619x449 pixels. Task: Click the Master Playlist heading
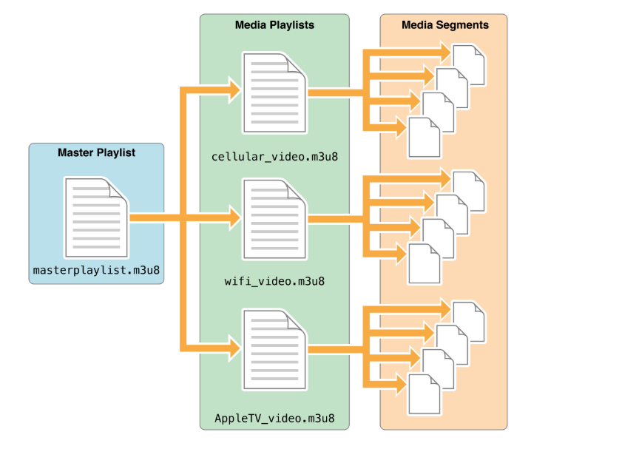click(x=96, y=153)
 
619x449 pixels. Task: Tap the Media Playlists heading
click(x=274, y=25)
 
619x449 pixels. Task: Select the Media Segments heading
click(x=444, y=25)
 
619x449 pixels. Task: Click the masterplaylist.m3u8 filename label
click(x=96, y=271)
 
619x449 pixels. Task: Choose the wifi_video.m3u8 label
click(x=274, y=281)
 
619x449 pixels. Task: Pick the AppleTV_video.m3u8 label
click(x=274, y=418)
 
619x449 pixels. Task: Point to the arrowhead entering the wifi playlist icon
click(x=233, y=218)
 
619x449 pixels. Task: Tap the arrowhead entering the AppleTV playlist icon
click(x=233, y=347)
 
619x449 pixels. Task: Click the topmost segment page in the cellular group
click(x=469, y=65)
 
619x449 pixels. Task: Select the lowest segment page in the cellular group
click(x=424, y=138)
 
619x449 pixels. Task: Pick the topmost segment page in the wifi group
click(x=469, y=191)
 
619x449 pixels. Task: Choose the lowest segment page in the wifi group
click(x=424, y=263)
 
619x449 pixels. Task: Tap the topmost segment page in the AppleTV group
click(x=469, y=321)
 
